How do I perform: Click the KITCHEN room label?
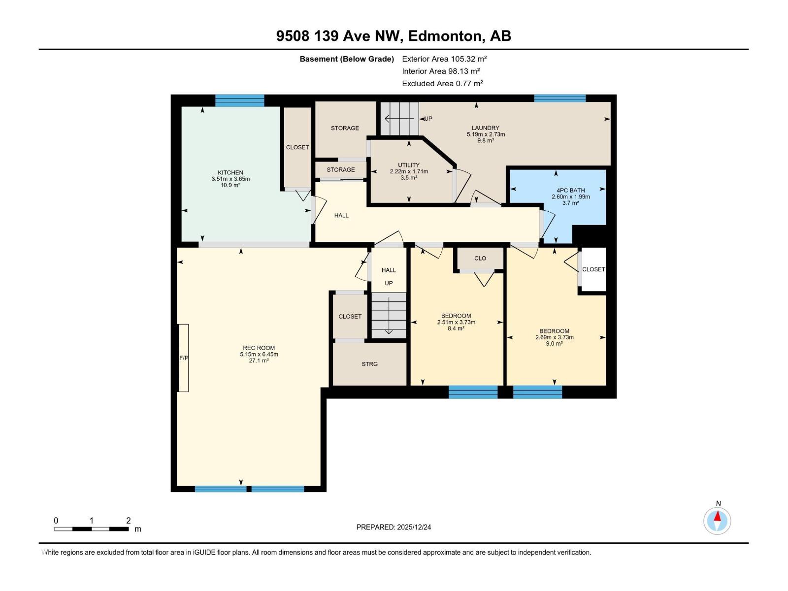point(230,172)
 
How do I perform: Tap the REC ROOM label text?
point(259,348)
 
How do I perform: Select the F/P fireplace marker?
point(183,358)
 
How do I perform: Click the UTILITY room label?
point(409,165)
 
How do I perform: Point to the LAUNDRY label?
point(486,128)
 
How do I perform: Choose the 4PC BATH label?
point(570,190)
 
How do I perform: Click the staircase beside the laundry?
point(399,118)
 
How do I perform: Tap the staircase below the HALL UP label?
point(389,315)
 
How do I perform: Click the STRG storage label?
point(369,364)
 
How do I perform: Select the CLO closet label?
point(480,259)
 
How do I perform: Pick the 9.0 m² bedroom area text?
point(554,343)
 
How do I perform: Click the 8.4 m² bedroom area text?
point(456,328)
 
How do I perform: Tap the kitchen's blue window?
point(239,100)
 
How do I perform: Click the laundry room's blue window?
point(559,98)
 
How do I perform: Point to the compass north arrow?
point(717,516)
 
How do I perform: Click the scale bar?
point(92,529)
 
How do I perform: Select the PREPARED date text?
point(394,527)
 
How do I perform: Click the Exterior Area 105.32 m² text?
point(444,59)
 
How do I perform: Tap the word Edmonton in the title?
point(445,36)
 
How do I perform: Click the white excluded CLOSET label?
point(593,269)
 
